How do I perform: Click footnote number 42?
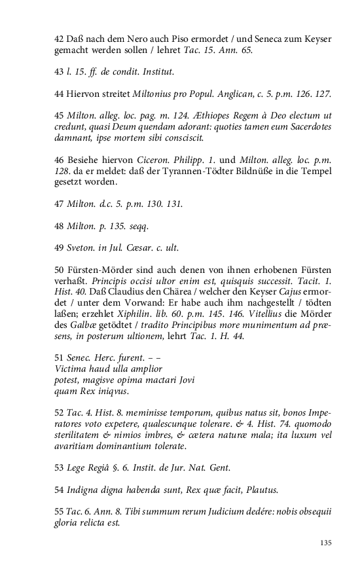[x=59, y=39]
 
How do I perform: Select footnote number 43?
[x=59, y=70]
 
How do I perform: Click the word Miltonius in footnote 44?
[x=158, y=94]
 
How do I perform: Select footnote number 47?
[x=59, y=204]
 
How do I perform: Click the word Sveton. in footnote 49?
[x=80, y=248]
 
